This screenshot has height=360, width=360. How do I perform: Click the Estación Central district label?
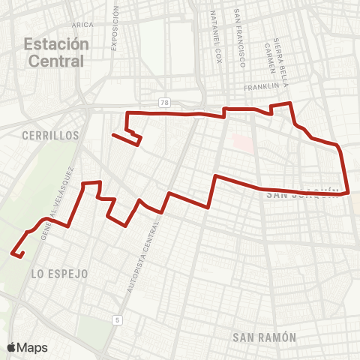55,52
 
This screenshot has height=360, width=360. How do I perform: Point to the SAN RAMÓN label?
265,337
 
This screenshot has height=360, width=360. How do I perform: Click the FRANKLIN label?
261,88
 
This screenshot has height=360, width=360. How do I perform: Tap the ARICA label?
76,25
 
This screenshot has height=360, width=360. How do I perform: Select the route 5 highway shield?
117,320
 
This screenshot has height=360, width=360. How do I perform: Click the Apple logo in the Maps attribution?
11,347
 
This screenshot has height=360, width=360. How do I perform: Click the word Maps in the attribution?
32,347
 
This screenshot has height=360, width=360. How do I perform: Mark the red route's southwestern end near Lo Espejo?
13,255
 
